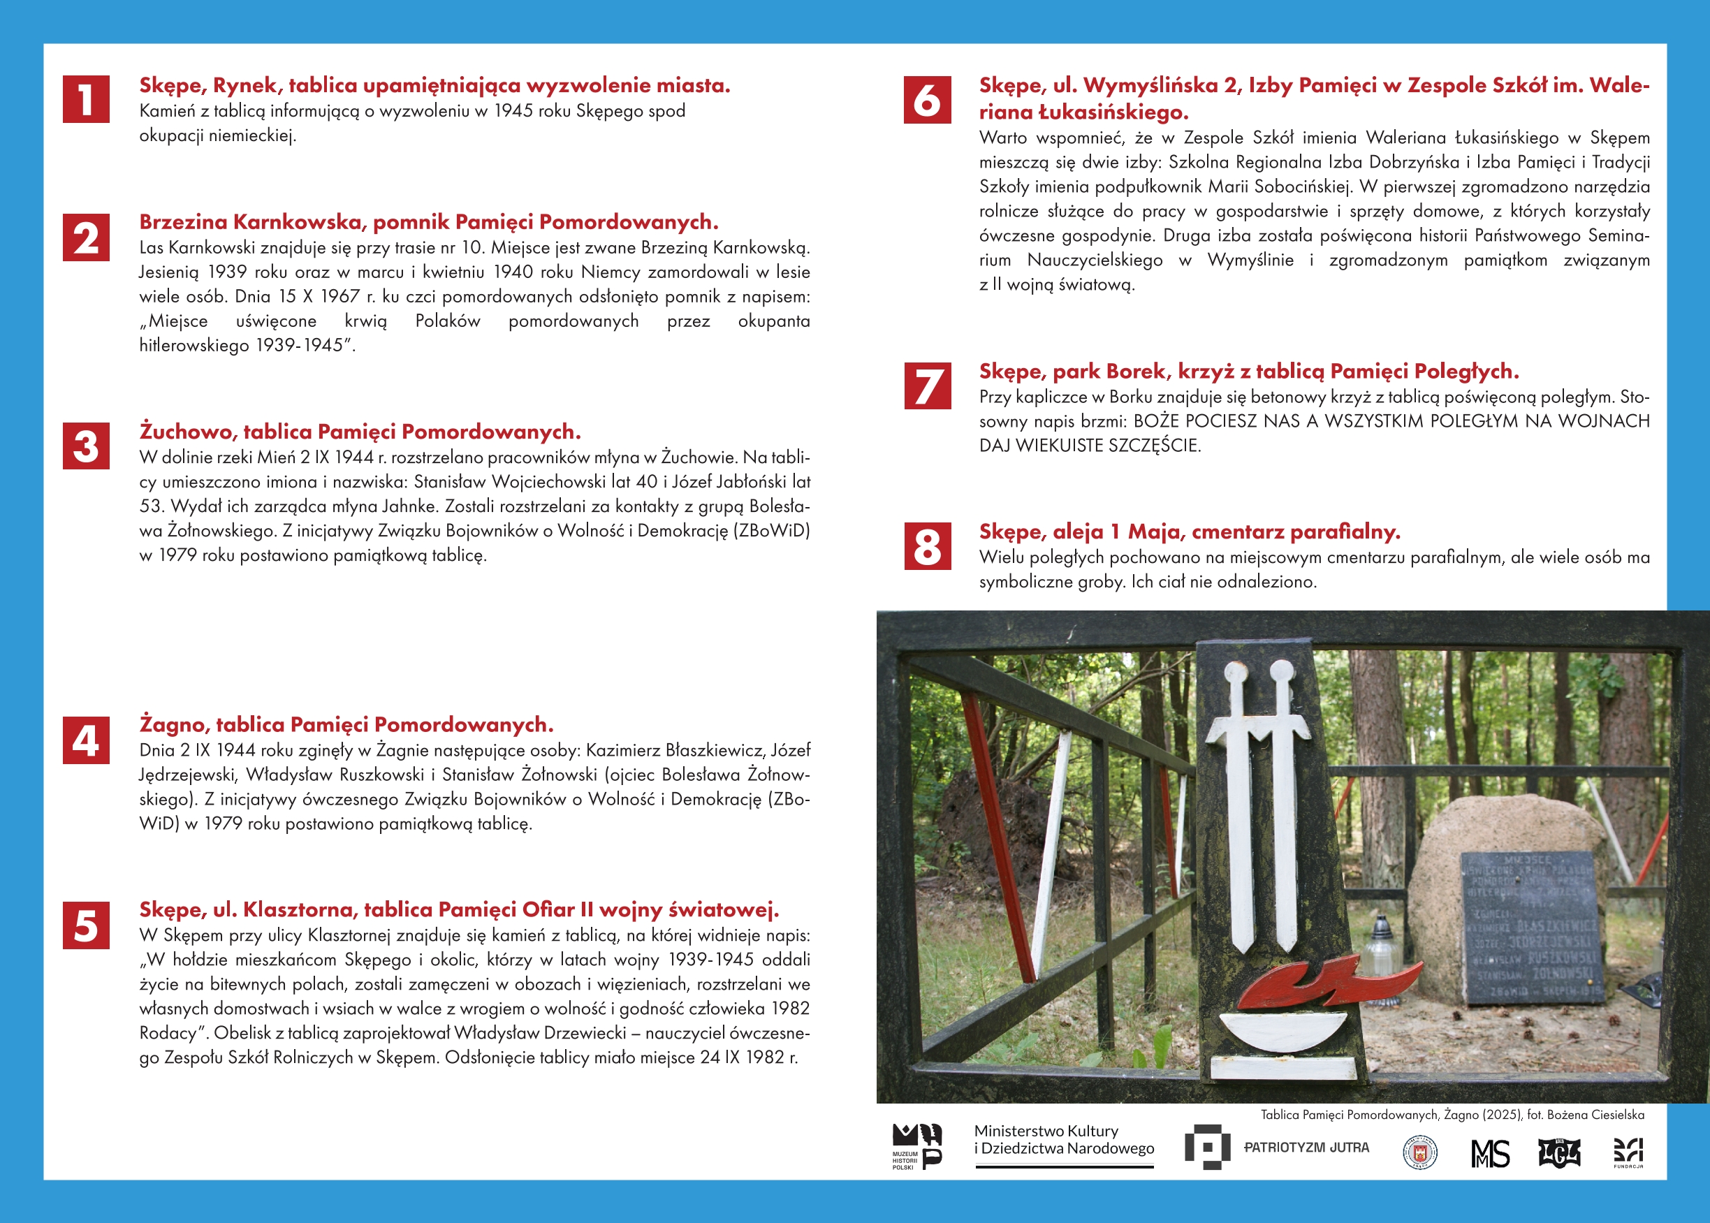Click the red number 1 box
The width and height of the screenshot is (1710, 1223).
pyautogui.click(x=86, y=98)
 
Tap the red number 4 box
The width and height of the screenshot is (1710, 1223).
pyautogui.click(x=86, y=740)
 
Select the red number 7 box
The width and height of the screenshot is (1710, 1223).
pyautogui.click(x=927, y=386)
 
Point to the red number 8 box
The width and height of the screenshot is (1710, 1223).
pyautogui.click(x=927, y=546)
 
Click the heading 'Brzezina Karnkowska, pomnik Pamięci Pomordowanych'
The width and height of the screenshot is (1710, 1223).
pyautogui.click(x=428, y=222)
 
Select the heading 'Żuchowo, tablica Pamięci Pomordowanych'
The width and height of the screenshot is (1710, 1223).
pyautogui.click(x=360, y=432)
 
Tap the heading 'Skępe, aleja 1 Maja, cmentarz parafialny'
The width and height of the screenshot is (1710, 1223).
pyautogui.click(x=1189, y=532)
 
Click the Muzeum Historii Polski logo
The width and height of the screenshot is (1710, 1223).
pyautogui.click(x=916, y=1146)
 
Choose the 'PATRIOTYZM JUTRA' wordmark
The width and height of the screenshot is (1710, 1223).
pyautogui.click(x=1306, y=1148)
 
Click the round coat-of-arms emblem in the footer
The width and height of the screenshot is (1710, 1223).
pyautogui.click(x=1419, y=1152)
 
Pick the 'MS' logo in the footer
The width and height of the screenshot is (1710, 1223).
pyautogui.click(x=1490, y=1153)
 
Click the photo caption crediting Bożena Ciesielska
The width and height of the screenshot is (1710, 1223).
pyautogui.click(x=1452, y=1115)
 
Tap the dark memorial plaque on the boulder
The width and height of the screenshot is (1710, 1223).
pyautogui.click(x=1528, y=927)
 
